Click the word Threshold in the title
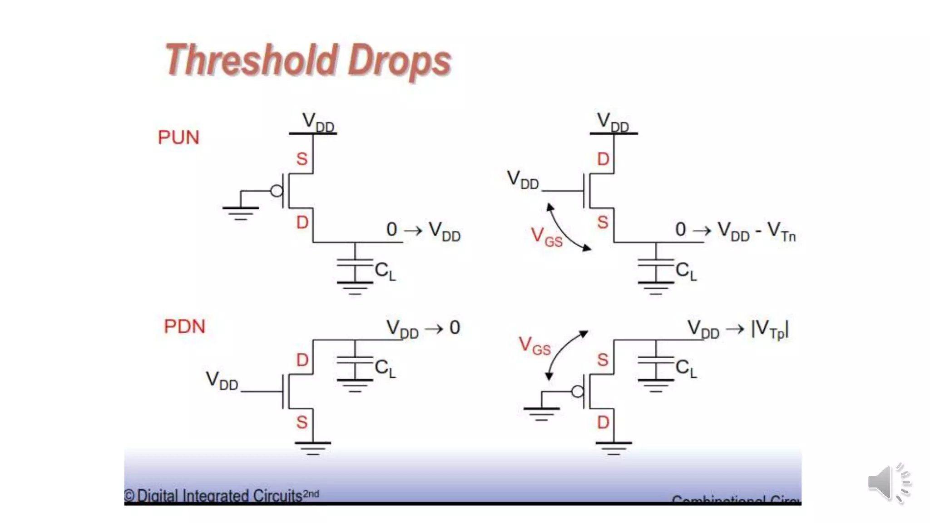tap(251, 60)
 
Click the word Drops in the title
tap(399, 62)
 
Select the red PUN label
tap(178, 137)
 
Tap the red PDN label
tap(184, 326)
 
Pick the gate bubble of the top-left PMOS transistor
tap(277, 191)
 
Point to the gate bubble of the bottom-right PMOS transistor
tap(578, 391)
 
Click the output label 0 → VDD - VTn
tap(735, 231)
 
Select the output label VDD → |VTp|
tap(738, 329)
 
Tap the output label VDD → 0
tap(423, 328)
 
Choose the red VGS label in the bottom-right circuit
tap(534, 346)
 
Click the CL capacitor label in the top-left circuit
tap(385, 271)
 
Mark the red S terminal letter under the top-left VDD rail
tap(302, 159)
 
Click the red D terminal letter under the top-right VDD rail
tap(603, 159)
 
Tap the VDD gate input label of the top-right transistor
tap(523, 180)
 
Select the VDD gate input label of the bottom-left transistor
tap(222, 380)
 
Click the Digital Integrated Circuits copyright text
tap(221, 495)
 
